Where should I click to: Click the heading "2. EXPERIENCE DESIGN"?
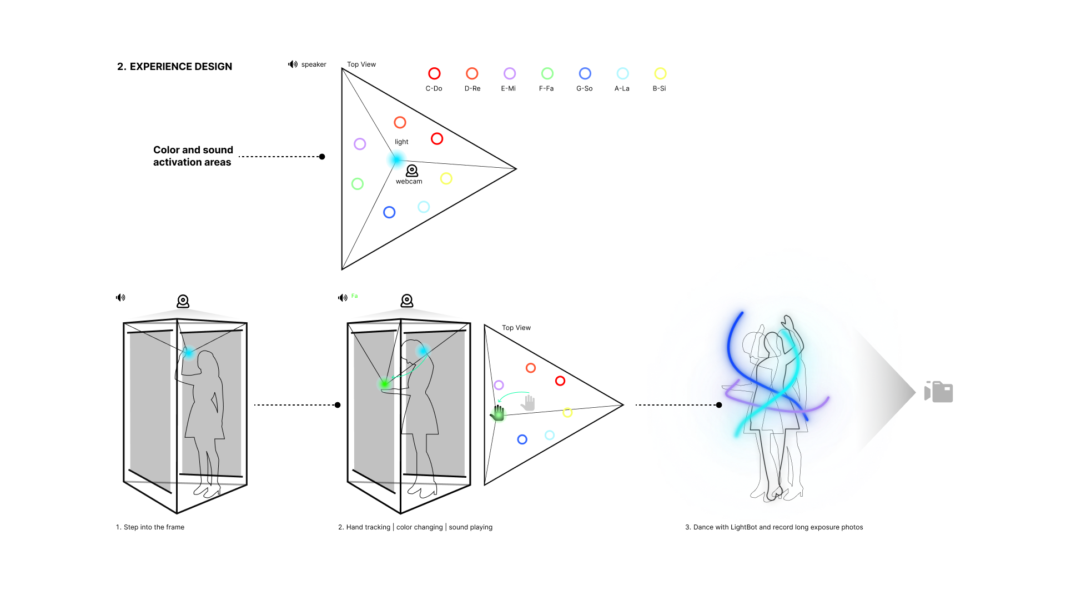tap(174, 67)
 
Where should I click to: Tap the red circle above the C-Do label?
tap(434, 73)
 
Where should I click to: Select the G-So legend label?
tap(584, 88)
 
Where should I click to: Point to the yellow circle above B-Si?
tap(660, 73)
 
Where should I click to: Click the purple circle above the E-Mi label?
tap(509, 73)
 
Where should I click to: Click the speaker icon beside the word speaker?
tap(293, 64)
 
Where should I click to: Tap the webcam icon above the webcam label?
tap(412, 170)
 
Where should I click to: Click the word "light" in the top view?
tap(401, 142)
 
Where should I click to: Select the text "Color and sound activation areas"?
tap(193, 156)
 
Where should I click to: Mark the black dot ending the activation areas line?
tap(322, 157)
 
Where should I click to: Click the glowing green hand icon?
tap(497, 413)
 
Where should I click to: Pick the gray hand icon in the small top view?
tap(528, 402)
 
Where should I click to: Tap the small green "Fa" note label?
tap(354, 296)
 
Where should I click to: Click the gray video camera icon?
tap(938, 392)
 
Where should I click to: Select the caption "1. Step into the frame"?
tap(150, 527)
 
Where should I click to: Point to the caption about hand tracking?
tap(415, 527)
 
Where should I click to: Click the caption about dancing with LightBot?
tap(774, 527)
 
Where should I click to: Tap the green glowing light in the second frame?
tap(384, 383)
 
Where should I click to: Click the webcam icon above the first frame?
tap(183, 301)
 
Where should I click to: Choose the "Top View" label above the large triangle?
tap(361, 64)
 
